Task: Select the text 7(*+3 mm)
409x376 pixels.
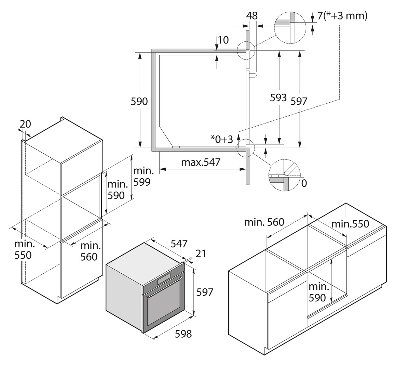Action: (342, 16)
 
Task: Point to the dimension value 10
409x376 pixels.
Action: (223, 40)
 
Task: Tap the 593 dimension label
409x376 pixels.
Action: (278, 98)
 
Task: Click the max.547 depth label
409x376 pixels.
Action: (201, 162)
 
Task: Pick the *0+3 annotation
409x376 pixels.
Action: (222, 139)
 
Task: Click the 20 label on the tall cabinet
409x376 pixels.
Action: (25, 124)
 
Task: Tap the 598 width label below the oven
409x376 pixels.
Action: (183, 334)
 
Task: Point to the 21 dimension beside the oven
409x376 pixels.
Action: (201, 254)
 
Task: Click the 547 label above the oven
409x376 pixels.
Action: (179, 244)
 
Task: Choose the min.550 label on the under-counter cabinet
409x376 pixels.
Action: (350, 224)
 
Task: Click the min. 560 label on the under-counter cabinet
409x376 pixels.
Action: (264, 222)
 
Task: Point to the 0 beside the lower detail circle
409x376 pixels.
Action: (304, 183)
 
